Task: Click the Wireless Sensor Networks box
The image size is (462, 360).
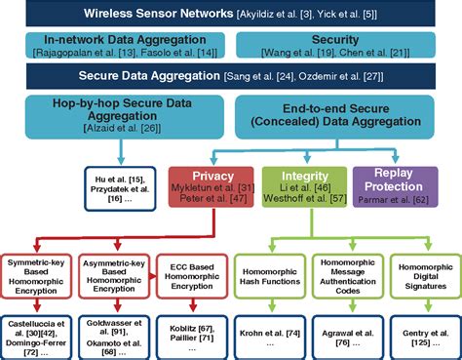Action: click(x=229, y=16)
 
